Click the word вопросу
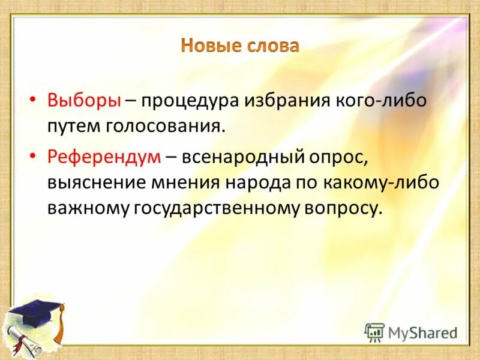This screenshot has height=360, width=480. [344, 208]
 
